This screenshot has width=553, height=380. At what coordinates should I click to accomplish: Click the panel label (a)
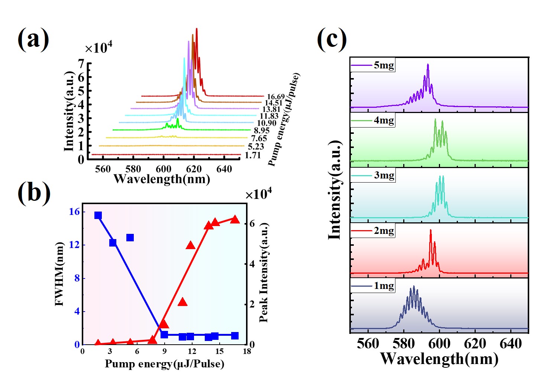(33, 39)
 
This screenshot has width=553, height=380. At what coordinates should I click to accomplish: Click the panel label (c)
(332, 39)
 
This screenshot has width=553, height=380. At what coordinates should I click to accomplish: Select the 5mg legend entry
(384, 65)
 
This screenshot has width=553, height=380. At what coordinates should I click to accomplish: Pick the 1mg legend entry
(384, 286)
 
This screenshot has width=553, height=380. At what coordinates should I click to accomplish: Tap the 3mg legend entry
(384, 175)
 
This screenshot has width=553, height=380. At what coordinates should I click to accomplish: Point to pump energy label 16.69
(276, 97)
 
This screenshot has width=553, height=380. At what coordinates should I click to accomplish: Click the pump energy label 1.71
(253, 155)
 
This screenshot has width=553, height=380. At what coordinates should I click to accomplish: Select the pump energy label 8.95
(262, 131)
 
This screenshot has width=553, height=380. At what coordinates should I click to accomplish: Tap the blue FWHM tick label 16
(74, 212)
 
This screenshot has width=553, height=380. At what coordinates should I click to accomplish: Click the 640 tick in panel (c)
(511, 344)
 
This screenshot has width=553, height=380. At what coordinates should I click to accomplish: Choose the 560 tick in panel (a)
(103, 169)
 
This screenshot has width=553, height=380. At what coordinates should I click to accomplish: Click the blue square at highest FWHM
(98, 216)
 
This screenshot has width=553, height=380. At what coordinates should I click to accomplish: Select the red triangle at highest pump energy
(235, 219)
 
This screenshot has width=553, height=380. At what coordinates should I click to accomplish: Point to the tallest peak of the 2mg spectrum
(430, 231)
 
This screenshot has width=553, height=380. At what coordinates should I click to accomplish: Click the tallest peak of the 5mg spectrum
(428, 65)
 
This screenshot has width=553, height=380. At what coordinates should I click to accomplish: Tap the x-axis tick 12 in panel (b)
(192, 351)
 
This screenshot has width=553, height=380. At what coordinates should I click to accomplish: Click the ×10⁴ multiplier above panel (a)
(98, 48)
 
